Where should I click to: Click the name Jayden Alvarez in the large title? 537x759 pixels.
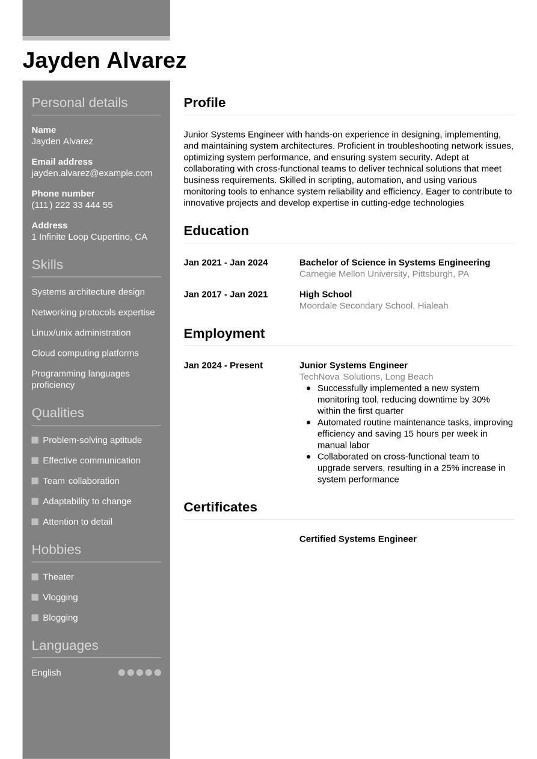[x=104, y=61]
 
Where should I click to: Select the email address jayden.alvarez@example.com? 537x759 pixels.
[x=91, y=173]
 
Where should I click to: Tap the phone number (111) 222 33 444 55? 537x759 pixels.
[x=72, y=205]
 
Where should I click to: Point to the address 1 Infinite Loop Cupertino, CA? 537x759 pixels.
[x=89, y=237]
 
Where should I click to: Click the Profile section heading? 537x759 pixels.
[x=204, y=103]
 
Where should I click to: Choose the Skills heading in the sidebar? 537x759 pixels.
[x=47, y=265]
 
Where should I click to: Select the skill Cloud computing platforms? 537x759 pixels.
[x=85, y=353]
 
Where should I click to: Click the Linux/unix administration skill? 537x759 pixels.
[x=81, y=333]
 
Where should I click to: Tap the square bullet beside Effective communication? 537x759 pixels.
[x=35, y=460]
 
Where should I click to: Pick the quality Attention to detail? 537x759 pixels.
[x=77, y=522]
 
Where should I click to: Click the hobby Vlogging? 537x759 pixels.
[x=60, y=597]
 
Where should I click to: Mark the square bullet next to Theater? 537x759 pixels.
[x=35, y=577]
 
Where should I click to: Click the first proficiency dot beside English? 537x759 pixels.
[x=121, y=672]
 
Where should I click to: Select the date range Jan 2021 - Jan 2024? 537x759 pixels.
[x=226, y=263]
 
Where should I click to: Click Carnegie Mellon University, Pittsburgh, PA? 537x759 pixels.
[x=384, y=274]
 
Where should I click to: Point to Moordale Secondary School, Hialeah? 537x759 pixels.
[x=373, y=306]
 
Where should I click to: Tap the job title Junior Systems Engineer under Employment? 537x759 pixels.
[x=353, y=365]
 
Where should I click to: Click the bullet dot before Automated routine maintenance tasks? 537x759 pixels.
[x=308, y=422]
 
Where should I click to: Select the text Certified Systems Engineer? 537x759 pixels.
[x=358, y=539]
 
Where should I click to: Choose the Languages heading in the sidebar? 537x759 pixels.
[x=64, y=645]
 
